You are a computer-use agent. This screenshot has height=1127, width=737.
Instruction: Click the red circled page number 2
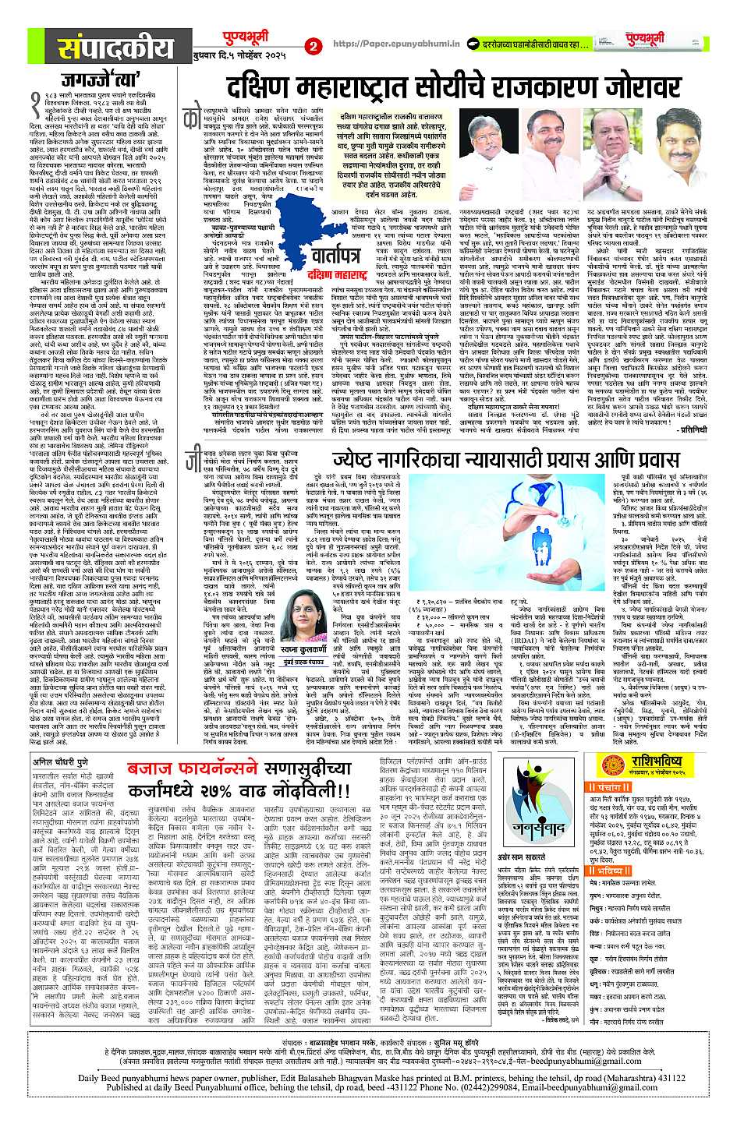[x=313, y=46]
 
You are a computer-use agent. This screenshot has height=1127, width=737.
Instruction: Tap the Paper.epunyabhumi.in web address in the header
[x=382, y=45]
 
